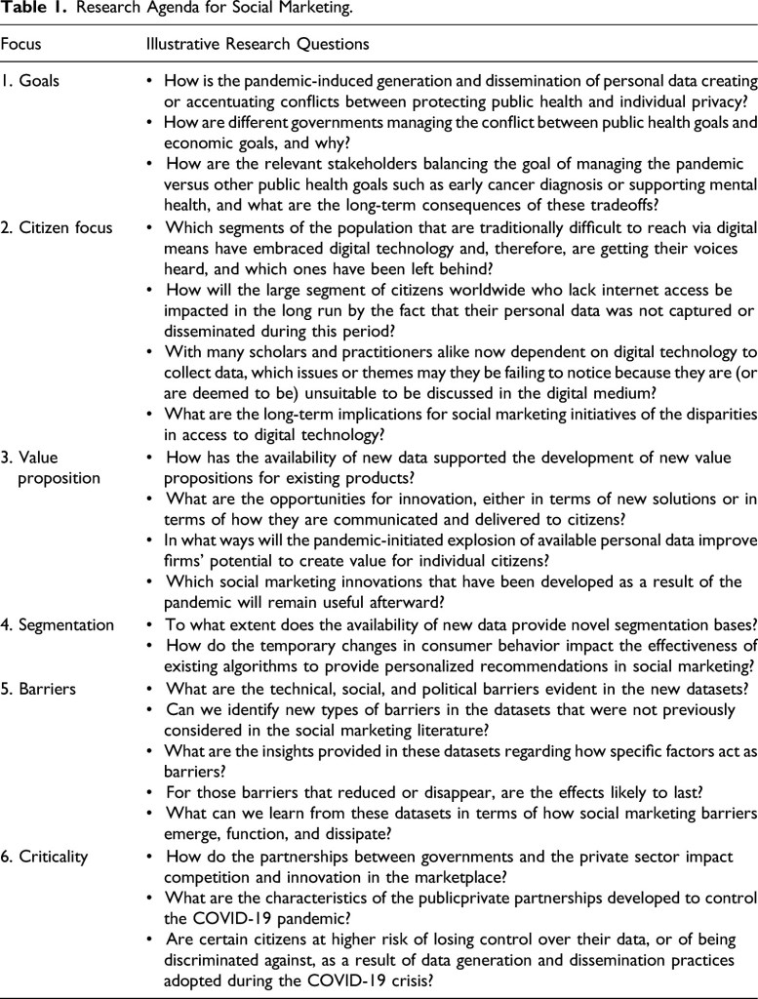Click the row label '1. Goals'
point(30,81)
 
